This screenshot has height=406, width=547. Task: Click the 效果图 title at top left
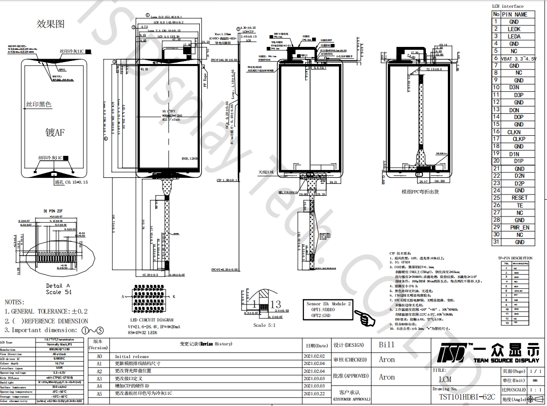tap(51, 23)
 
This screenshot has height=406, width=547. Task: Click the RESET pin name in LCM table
tap(519, 198)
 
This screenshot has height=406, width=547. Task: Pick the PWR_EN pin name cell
tap(519, 227)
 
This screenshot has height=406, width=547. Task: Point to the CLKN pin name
tap(514, 132)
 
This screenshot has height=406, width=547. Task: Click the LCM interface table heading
tap(507, 6)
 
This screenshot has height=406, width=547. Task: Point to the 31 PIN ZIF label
tap(54, 211)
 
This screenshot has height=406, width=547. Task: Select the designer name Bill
tap(386, 344)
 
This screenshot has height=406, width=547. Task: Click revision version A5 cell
tap(99, 393)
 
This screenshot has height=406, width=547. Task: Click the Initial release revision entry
tap(132, 357)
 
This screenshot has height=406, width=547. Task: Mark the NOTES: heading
tap(14, 302)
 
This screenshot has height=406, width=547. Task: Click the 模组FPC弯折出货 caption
tap(420, 192)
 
